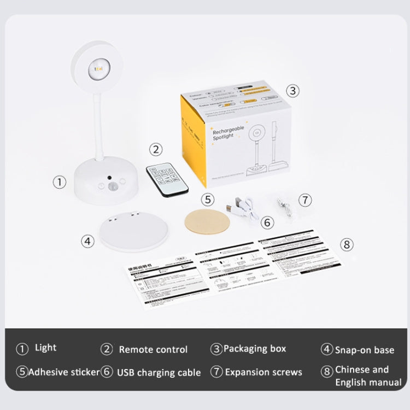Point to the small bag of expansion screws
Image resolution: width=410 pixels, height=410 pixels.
[x=284, y=207]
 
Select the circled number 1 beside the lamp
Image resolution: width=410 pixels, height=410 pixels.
[x=60, y=181]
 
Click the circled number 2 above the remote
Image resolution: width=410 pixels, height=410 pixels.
[x=156, y=149]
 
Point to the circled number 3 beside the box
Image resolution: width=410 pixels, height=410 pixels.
[x=293, y=91]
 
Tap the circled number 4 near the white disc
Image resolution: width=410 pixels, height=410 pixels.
[x=87, y=241]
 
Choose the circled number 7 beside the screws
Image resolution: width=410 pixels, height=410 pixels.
[x=305, y=200]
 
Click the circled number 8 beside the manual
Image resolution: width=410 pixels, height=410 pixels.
[x=347, y=244]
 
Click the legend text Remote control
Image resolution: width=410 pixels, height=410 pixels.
[x=153, y=349]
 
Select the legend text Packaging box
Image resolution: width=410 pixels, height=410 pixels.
[x=254, y=348]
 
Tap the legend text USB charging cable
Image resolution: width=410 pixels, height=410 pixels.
[x=159, y=372]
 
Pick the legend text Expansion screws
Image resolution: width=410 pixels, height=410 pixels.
[x=263, y=372]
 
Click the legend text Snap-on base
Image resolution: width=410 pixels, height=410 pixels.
[x=364, y=350]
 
